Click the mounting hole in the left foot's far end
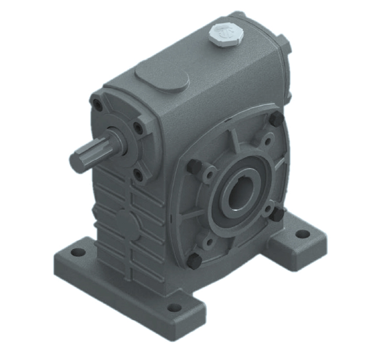tap(78, 253)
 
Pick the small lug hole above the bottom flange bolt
tap(209, 242)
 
